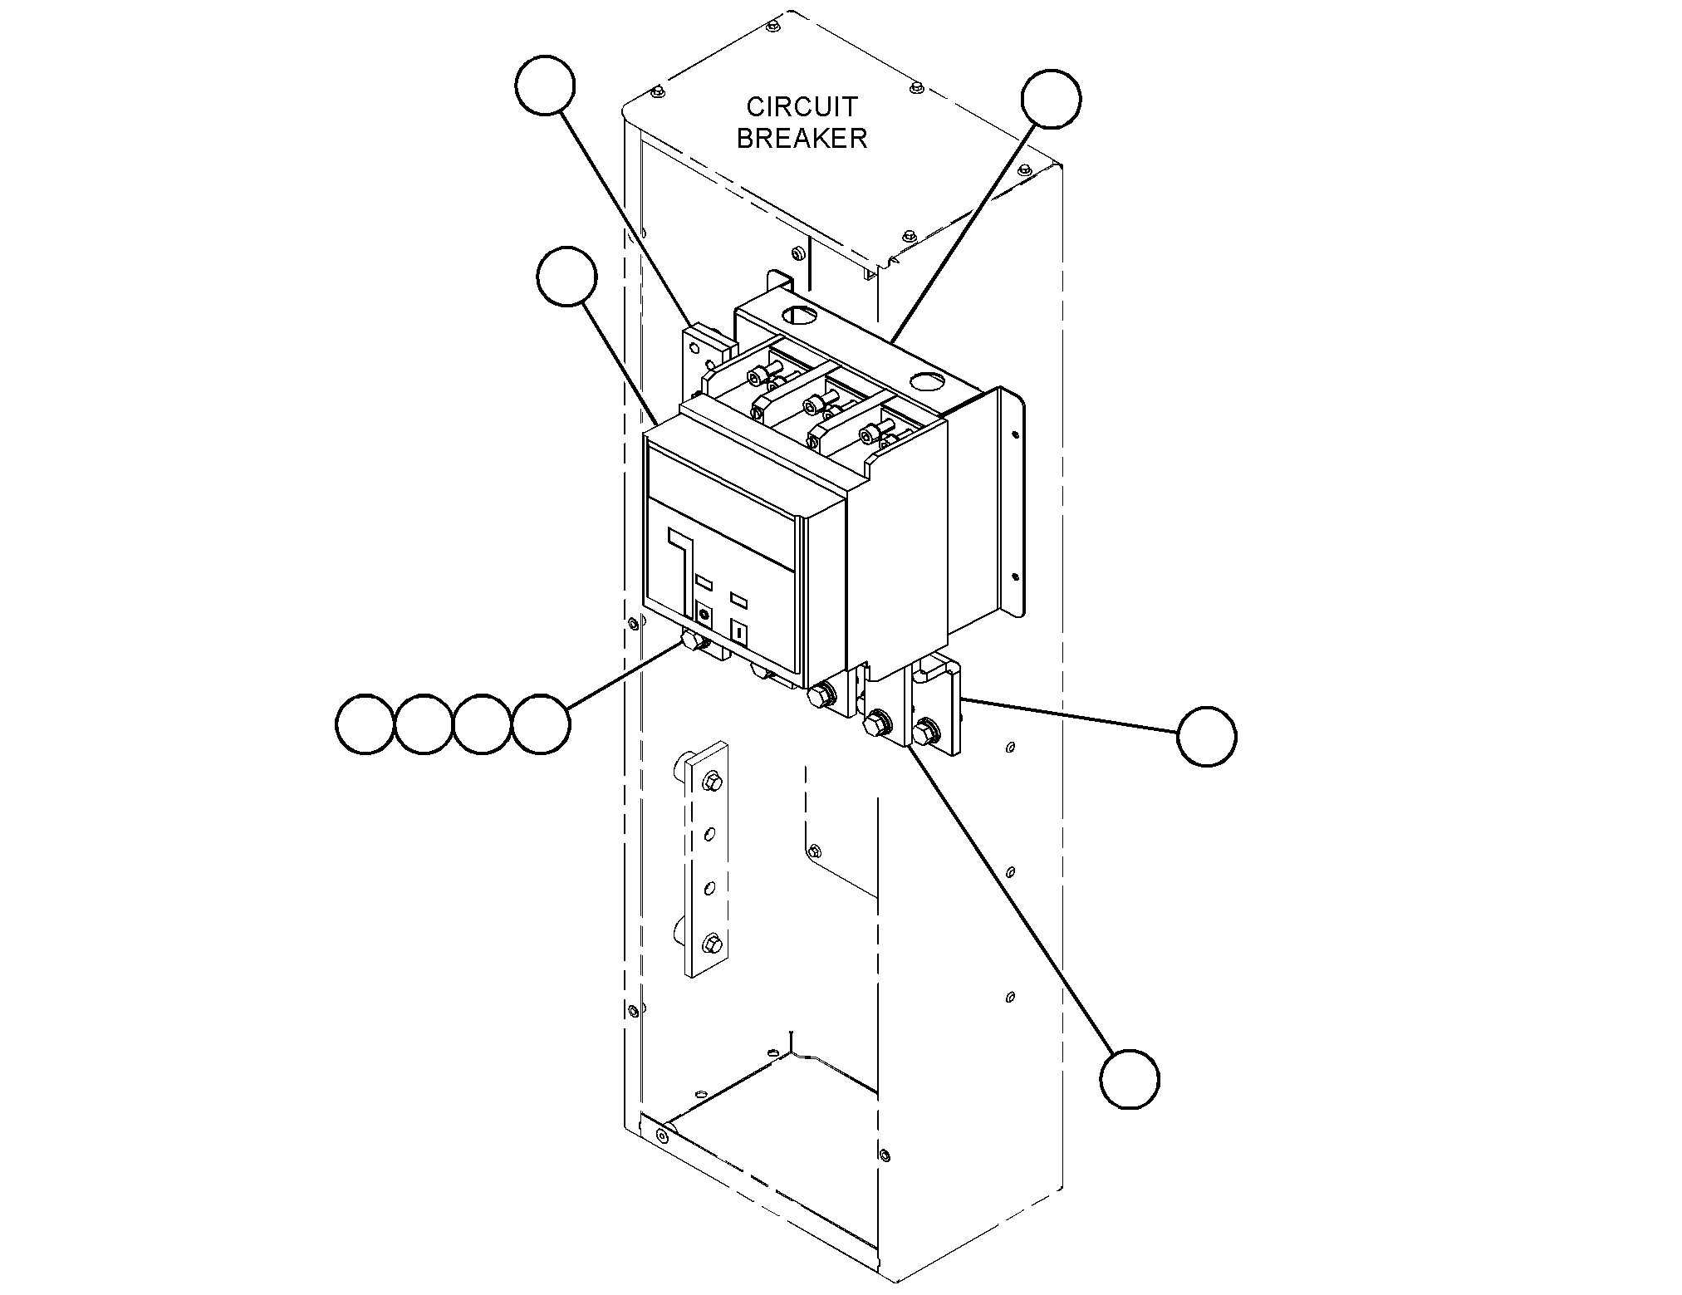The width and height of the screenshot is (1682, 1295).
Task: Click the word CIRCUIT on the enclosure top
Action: coord(802,107)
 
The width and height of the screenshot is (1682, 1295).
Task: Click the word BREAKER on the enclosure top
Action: coord(802,138)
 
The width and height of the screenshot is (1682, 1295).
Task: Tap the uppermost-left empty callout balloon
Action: coord(545,86)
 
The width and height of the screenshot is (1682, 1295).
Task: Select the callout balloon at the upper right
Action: coord(1051,99)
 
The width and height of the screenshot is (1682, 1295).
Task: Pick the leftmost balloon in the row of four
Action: coord(365,724)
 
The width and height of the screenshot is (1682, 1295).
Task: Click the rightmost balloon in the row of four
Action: coord(541,724)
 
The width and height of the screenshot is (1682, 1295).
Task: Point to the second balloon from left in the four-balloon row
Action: coord(424,724)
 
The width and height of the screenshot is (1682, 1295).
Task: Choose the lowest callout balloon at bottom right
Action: coord(1129,1078)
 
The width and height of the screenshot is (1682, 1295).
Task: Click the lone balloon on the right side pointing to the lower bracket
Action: coord(1207,735)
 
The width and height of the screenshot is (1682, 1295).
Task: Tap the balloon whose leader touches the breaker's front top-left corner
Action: coord(566,277)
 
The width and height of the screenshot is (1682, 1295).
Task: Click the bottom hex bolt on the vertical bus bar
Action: coord(712,944)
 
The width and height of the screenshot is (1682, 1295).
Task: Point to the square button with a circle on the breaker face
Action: coord(704,616)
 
